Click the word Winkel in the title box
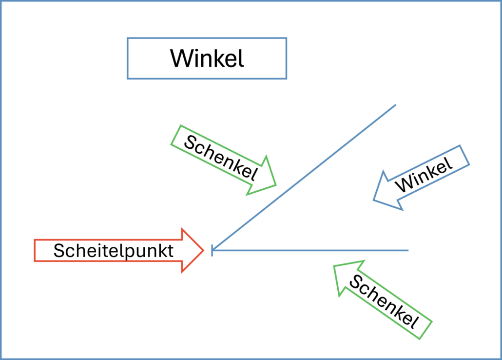(x=207, y=59)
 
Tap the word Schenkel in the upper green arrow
(x=222, y=157)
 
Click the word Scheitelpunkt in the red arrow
(x=114, y=251)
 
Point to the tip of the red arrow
(x=203, y=250)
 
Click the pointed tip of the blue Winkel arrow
(x=374, y=200)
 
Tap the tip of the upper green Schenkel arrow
(x=276, y=185)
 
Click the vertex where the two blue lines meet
(x=212, y=251)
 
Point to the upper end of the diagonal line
(x=395, y=105)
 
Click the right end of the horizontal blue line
(x=408, y=251)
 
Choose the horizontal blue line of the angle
(x=312, y=251)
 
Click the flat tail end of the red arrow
(x=35, y=250)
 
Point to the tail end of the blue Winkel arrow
(x=464, y=155)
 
